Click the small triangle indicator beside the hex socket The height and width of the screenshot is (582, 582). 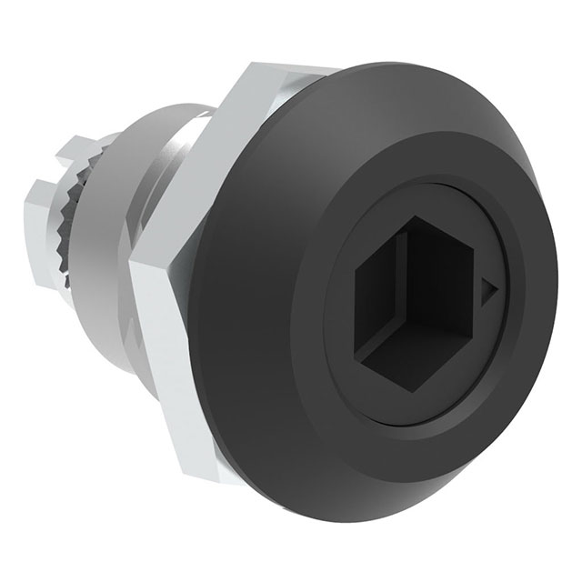coord(489,290)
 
